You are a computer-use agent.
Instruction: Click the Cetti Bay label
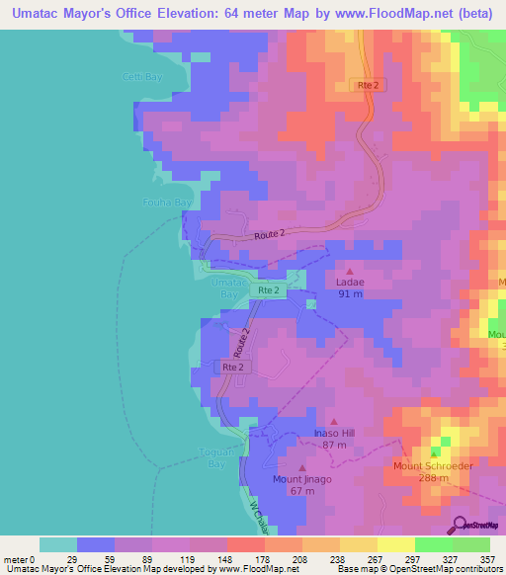tap(142, 77)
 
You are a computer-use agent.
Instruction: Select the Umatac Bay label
tap(227, 287)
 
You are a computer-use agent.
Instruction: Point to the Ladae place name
tap(351, 282)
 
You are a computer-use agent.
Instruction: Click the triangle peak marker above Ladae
tap(350, 269)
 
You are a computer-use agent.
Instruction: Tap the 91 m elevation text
tap(351, 293)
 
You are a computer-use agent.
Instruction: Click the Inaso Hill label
tap(334, 433)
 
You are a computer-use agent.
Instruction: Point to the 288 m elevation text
tap(434, 477)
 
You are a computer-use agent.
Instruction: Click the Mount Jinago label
tap(302, 479)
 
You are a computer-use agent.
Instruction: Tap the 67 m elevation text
tap(302, 491)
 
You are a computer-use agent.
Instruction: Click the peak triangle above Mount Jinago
tap(302, 467)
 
